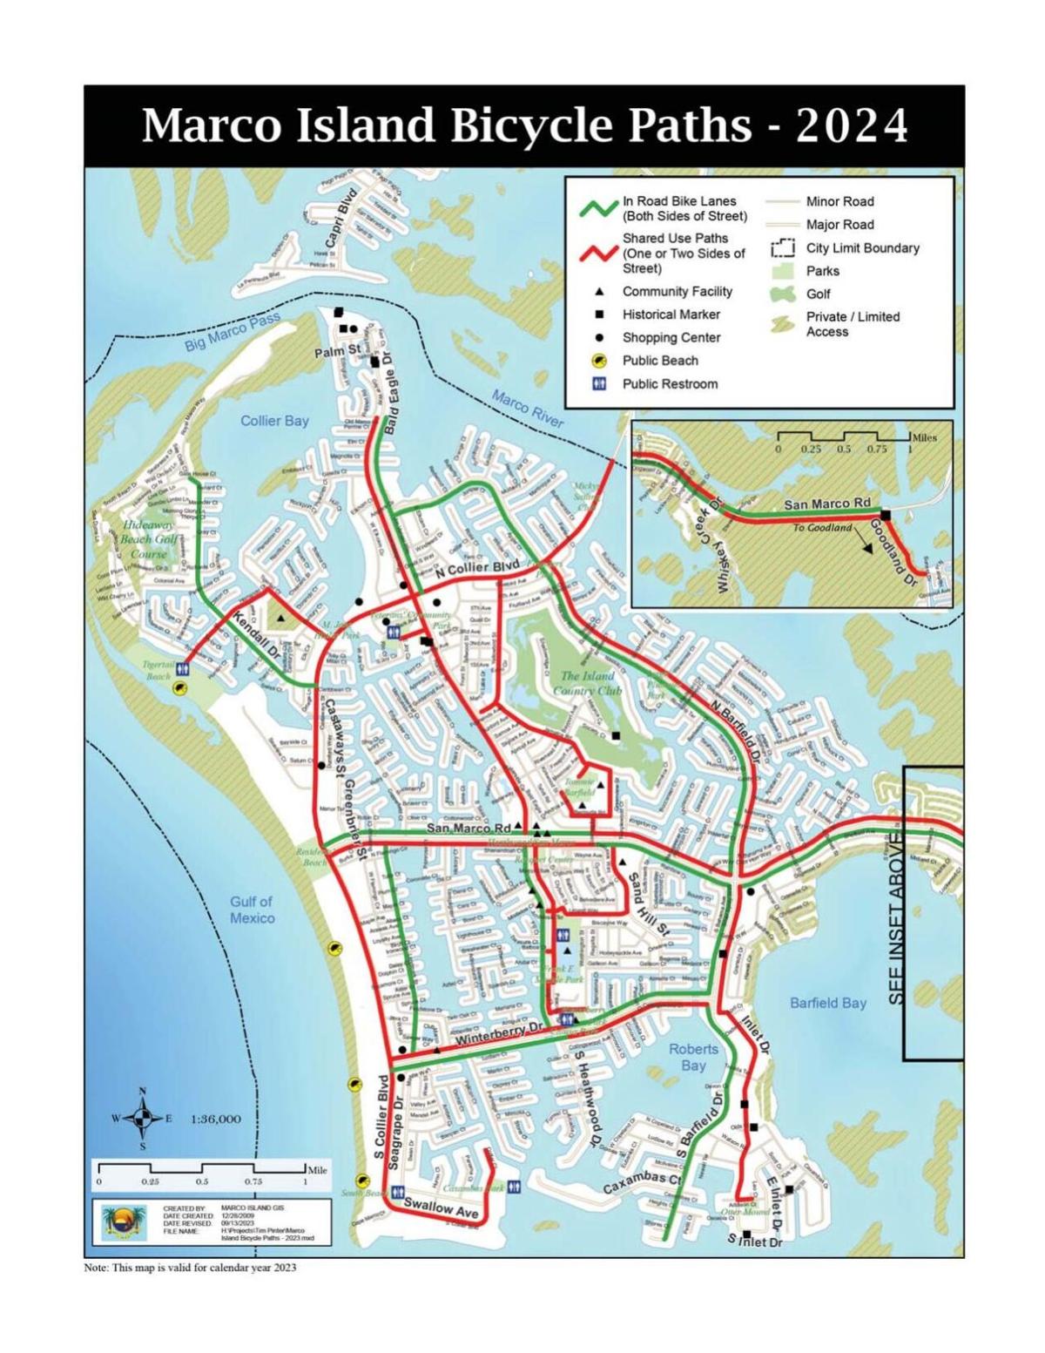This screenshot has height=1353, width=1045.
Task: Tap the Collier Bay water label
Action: pos(274,421)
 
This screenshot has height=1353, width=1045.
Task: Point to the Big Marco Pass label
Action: pos(232,333)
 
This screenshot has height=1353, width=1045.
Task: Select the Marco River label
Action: pos(528,409)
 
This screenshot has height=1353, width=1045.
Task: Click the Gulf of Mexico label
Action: pos(252,910)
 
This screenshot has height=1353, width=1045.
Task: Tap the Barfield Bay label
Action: pos(827,1003)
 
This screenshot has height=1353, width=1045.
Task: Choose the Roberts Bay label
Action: pos(693,1057)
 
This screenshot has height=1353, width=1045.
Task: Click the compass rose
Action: pos(143,1118)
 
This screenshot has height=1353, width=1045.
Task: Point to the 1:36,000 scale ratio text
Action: pos(215,1119)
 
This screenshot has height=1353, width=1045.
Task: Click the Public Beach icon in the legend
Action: pos(599,361)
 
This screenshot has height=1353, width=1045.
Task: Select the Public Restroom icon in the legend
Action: pos(599,383)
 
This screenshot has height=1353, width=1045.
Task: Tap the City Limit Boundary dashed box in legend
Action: pos(783,248)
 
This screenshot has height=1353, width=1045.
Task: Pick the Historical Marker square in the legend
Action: pos(599,315)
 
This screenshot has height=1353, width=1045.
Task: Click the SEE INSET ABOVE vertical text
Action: pos(898,919)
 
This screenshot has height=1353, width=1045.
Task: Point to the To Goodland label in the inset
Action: pos(822,528)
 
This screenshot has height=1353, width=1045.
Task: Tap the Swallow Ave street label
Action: pos(442,1208)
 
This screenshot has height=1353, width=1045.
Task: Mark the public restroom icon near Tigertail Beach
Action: pos(183,669)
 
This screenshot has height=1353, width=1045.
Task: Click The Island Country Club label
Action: pos(587,683)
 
